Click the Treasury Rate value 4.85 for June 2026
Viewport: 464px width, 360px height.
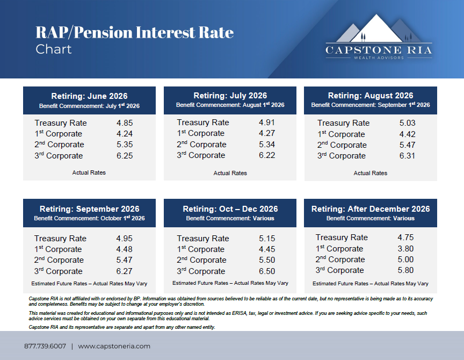click(x=125, y=123)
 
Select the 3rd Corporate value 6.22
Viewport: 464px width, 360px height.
click(x=267, y=155)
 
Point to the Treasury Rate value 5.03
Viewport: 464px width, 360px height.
click(x=408, y=123)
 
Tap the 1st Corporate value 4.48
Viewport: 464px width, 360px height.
click(x=124, y=249)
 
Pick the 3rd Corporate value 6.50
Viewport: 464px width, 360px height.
click(x=267, y=271)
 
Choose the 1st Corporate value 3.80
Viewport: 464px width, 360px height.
click(x=405, y=249)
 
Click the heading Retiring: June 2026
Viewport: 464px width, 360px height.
click(x=89, y=96)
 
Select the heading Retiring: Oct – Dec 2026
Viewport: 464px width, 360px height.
click(x=230, y=209)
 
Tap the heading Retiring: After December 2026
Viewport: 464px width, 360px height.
click(x=371, y=209)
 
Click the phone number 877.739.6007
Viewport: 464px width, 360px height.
click(x=45, y=346)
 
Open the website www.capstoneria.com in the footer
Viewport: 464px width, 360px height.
click(x=114, y=347)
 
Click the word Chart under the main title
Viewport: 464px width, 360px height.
click(x=54, y=49)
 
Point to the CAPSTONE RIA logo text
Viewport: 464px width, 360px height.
click(x=379, y=50)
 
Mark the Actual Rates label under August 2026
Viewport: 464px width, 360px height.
click(x=371, y=173)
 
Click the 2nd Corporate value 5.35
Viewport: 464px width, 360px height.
click(x=125, y=145)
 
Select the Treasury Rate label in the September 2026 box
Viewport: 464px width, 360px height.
click(x=60, y=239)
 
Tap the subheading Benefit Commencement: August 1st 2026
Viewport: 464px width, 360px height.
click(x=230, y=105)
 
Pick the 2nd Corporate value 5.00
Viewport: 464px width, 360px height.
click(x=405, y=260)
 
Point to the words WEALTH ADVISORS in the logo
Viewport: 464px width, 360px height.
click(x=379, y=57)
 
